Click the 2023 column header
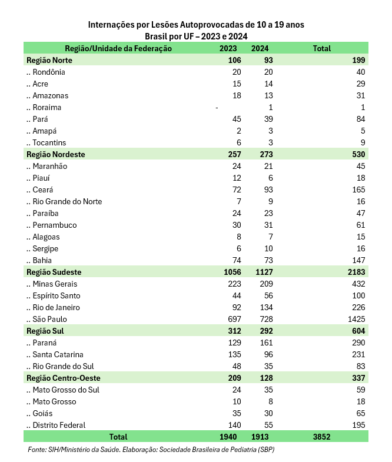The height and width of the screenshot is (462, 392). (228, 48)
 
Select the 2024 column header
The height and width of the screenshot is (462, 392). (260, 48)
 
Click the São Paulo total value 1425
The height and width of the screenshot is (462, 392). (356, 319)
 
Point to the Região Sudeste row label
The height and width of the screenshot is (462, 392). (54, 272)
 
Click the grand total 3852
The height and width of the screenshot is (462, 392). (322, 437)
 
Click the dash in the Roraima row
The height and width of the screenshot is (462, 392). (217, 107)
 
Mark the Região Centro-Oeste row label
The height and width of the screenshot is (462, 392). (63, 378)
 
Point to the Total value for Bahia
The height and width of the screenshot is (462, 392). (358, 260)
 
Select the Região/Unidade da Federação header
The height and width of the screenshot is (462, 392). (118, 48)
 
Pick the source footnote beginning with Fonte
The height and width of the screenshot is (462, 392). (151, 450)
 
